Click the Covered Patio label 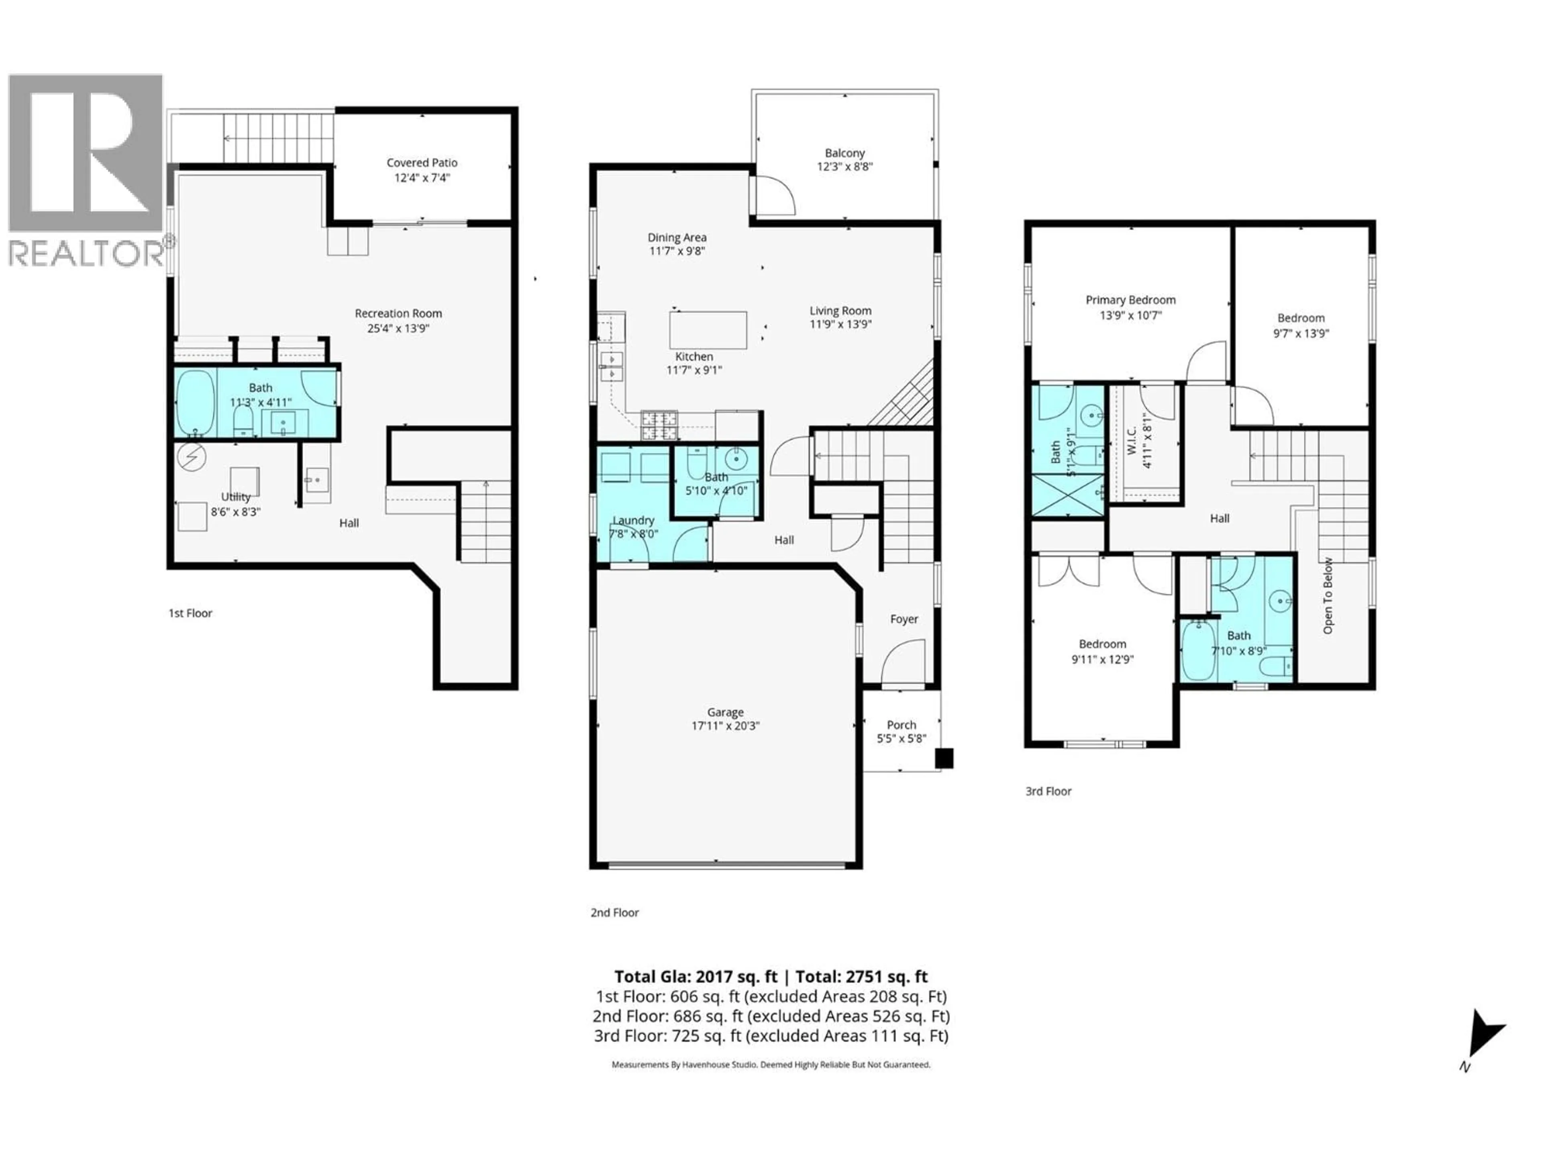point(422,162)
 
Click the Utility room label point(236,497)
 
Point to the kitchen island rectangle point(708,330)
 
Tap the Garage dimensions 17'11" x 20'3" point(725,725)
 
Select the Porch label point(902,725)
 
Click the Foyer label point(904,619)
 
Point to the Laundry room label point(633,520)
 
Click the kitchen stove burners point(659,425)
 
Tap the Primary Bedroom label point(1130,300)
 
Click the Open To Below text point(1328,596)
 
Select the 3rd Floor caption point(1048,791)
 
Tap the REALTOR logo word point(86,253)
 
